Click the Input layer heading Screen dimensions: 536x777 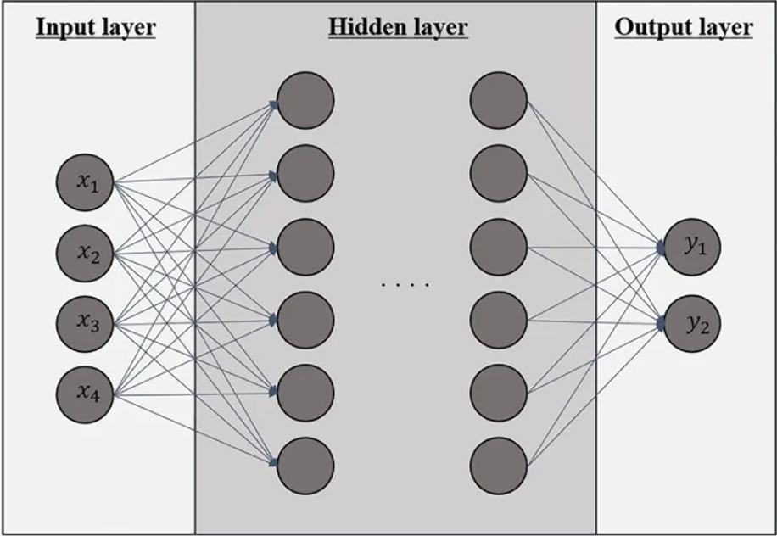pos(95,27)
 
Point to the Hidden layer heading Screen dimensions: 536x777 pos(397,27)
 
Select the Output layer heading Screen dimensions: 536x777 pos(683,27)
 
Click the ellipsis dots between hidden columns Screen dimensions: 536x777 pos(405,285)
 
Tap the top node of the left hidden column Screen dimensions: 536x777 pos(305,101)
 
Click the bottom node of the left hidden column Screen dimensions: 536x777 pos(305,466)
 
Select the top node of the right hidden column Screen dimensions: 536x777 pos(499,101)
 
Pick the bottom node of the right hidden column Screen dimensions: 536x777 pos(499,466)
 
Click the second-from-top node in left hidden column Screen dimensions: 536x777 pos(305,174)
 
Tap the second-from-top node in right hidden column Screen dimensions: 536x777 pos(499,174)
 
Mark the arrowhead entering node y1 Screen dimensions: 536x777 pos(661,248)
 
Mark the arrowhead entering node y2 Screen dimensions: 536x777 pos(661,324)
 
